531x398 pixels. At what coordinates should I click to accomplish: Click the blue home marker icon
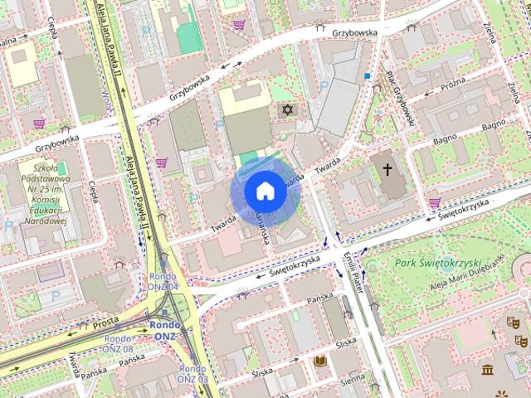264,191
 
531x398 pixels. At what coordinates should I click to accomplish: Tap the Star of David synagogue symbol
288,109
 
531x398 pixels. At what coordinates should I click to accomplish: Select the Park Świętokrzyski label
438,263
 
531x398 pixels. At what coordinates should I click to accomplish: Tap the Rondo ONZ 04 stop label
163,281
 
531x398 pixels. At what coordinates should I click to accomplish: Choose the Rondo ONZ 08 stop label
117,343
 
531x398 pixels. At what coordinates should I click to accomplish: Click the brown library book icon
319,362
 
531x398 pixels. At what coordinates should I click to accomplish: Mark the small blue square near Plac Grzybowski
366,76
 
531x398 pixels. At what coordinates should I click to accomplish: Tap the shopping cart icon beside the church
434,201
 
